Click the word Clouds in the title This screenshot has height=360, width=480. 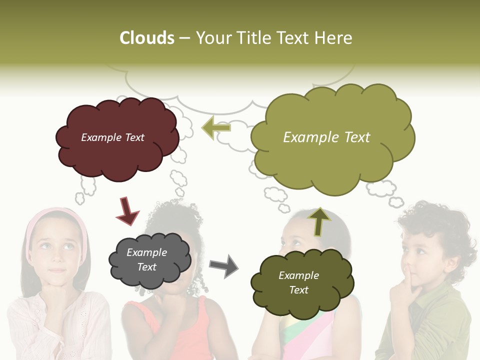[147, 38]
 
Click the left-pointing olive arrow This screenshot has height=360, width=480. [216, 127]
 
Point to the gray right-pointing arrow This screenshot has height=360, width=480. [224, 266]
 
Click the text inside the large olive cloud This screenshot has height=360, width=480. [326, 137]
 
